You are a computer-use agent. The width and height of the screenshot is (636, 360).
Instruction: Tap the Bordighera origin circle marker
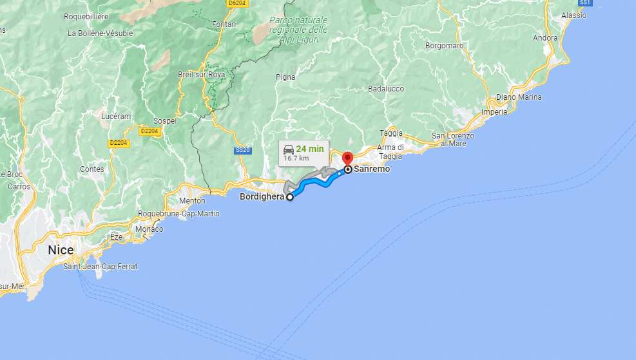290,197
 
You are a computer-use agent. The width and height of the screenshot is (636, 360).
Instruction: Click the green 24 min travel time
310,149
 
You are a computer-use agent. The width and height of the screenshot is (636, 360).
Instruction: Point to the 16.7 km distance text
296,157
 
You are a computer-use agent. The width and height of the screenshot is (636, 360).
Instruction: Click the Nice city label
61,250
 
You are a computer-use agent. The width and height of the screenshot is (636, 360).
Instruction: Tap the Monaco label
149,229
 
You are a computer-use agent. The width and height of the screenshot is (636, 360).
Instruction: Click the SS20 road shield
242,150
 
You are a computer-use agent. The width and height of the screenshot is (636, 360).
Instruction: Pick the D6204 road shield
238,3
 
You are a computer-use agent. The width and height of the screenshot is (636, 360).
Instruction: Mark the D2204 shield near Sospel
149,131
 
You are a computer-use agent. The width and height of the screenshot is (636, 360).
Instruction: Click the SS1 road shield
585,3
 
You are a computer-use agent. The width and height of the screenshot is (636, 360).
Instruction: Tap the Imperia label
495,111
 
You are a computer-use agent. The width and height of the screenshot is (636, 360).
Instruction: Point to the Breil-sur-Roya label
202,75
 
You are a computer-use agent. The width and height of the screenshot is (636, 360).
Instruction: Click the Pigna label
285,77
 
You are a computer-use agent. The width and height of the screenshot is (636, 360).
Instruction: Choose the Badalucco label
386,89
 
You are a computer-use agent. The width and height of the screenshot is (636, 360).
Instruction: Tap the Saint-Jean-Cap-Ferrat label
101,266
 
